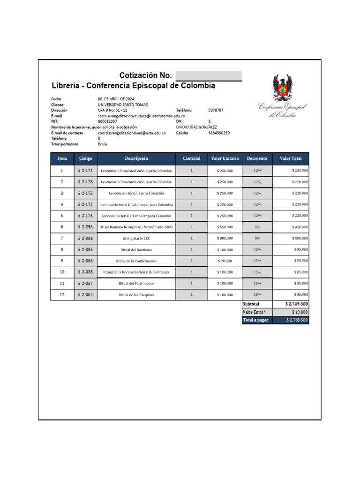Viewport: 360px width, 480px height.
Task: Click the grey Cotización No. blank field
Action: (209, 76)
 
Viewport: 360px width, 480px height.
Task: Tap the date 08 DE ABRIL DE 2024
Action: (116, 99)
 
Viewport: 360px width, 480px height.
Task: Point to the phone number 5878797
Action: (216, 110)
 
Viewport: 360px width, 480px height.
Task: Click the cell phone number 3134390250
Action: (219, 133)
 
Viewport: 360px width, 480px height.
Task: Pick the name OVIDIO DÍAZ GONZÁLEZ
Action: (196, 127)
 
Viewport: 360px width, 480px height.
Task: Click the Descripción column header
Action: (136, 158)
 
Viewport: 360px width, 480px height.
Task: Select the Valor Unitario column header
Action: (225, 158)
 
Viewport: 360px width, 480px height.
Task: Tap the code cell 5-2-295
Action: (85, 227)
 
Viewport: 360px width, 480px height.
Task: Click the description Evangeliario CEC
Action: (136, 238)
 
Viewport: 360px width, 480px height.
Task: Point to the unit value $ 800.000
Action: (225, 238)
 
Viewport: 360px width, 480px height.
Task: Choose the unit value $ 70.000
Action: (225, 261)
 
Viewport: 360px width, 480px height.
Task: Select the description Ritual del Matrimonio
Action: (136, 284)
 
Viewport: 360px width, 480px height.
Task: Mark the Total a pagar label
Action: (255, 320)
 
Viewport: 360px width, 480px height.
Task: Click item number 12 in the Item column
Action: (62, 294)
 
